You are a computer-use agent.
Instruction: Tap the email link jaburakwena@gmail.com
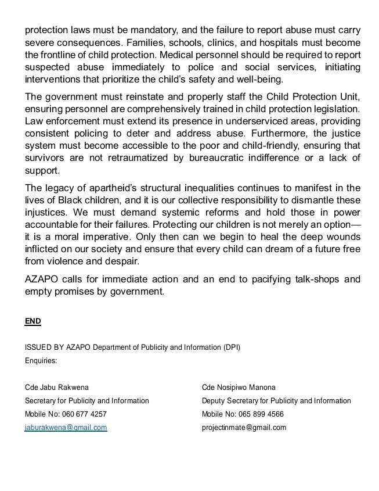pyautogui.click(x=66, y=428)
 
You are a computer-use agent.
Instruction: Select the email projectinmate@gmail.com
pyautogui.click(x=244, y=428)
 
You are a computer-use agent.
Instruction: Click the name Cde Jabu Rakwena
pyautogui.click(x=57, y=387)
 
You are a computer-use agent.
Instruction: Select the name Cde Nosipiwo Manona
pyautogui.click(x=239, y=387)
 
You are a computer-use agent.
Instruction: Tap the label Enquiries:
pyautogui.click(x=41, y=361)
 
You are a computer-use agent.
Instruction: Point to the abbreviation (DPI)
pyautogui.click(x=231, y=347)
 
